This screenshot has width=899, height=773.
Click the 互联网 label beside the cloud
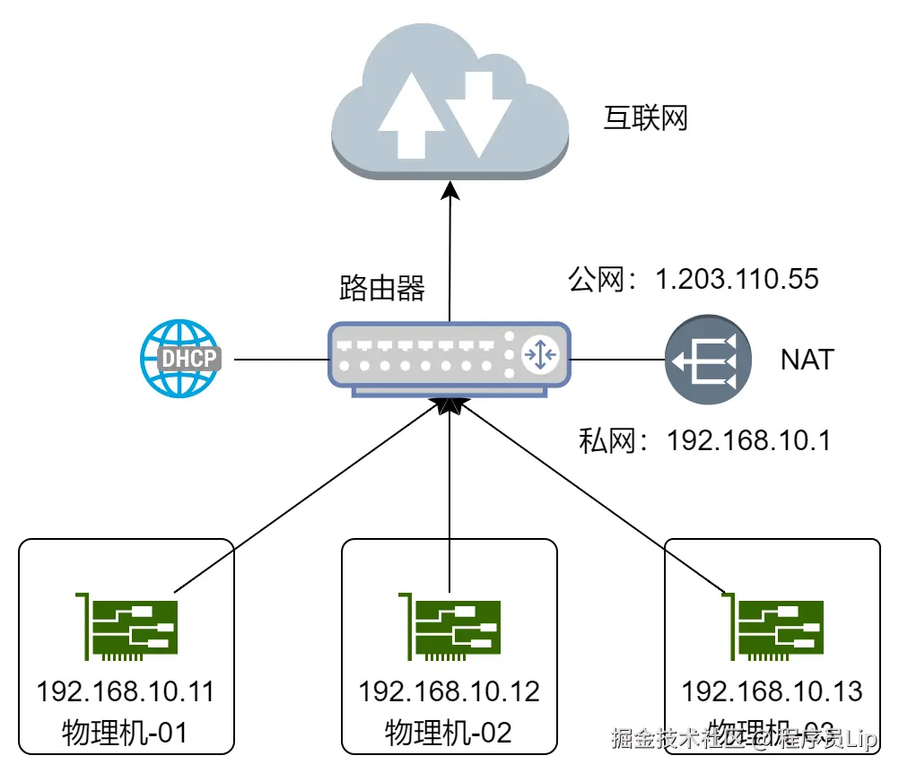point(645,117)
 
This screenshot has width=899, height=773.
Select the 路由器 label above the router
point(382,288)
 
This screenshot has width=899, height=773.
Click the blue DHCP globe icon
point(179,359)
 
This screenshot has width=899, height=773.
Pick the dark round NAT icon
point(707,360)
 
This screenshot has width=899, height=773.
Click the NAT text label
point(807,360)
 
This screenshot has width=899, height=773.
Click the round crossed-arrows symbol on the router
point(541,355)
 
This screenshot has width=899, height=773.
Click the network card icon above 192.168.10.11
point(127,626)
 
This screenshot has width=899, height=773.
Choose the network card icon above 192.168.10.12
point(449,626)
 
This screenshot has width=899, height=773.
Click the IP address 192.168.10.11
point(127,691)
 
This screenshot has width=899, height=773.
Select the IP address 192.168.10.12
point(449,691)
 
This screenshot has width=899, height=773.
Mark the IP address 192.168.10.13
point(772,691)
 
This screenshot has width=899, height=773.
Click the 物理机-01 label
point(127,733)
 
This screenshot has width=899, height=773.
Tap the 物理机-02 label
point(449,733)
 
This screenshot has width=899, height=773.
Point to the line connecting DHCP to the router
point(273,360)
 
